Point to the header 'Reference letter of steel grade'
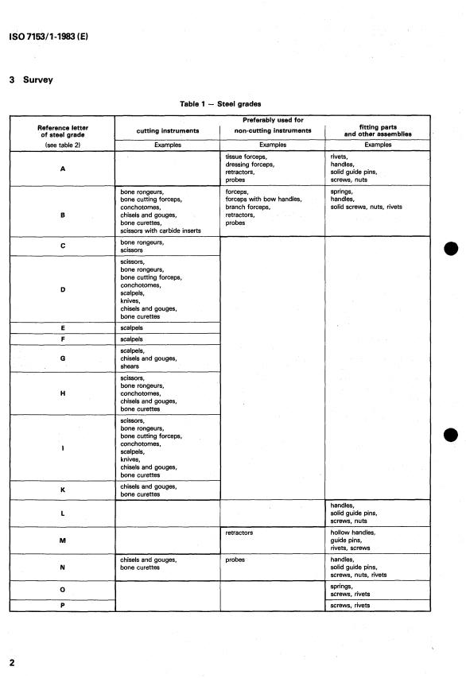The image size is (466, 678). tap(63, 130)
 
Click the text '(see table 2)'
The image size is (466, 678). tap(62, 145)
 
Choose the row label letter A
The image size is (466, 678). tap(62, 169)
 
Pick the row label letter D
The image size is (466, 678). tap(62, 289)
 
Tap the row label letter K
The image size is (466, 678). tap(62, 490)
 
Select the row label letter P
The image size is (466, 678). tap(62, 606)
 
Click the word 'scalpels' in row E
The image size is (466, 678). tap(133, 327)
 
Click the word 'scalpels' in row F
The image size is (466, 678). tap(133, 339)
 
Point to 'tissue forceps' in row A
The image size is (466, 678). tap(246, 157)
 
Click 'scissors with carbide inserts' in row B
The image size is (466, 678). tap(160, 231)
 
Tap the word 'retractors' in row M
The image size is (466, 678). tap(240, 533)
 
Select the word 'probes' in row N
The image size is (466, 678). tap(235, 560)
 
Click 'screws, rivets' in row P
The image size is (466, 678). tap(350, 606)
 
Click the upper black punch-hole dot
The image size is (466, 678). tap(452, 249)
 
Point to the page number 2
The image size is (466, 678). tap(12, 662)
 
